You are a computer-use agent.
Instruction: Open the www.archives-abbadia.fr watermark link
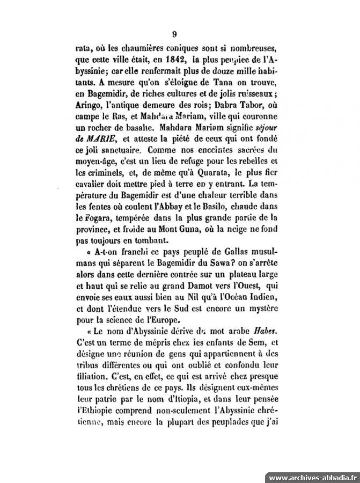click(312, 477)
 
